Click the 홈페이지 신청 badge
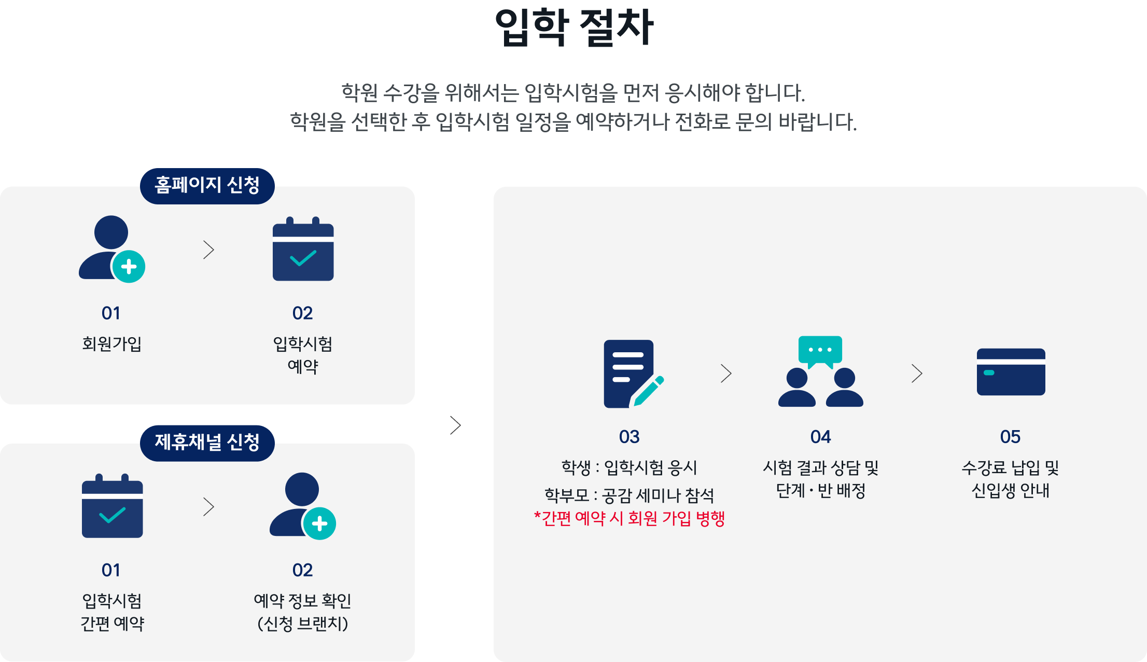(207, 185)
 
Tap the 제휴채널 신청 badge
(207, 443)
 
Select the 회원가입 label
(111, 343)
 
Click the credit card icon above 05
(1011, 372)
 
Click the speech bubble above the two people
(820, 350)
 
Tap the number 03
(629, 437)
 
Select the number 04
(820, 437)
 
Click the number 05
(1010, 437)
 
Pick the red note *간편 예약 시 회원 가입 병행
(629, 518)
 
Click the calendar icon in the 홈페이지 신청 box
(303, 250)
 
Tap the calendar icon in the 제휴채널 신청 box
(112, 506)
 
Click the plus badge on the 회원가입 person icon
(129, 267)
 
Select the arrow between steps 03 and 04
(726, 374)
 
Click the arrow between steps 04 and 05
(917, 374)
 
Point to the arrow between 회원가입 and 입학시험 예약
(208, 250)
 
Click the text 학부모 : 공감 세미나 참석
(629, 495)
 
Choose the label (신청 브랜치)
(302, 623)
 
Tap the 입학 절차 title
(573, 27)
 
